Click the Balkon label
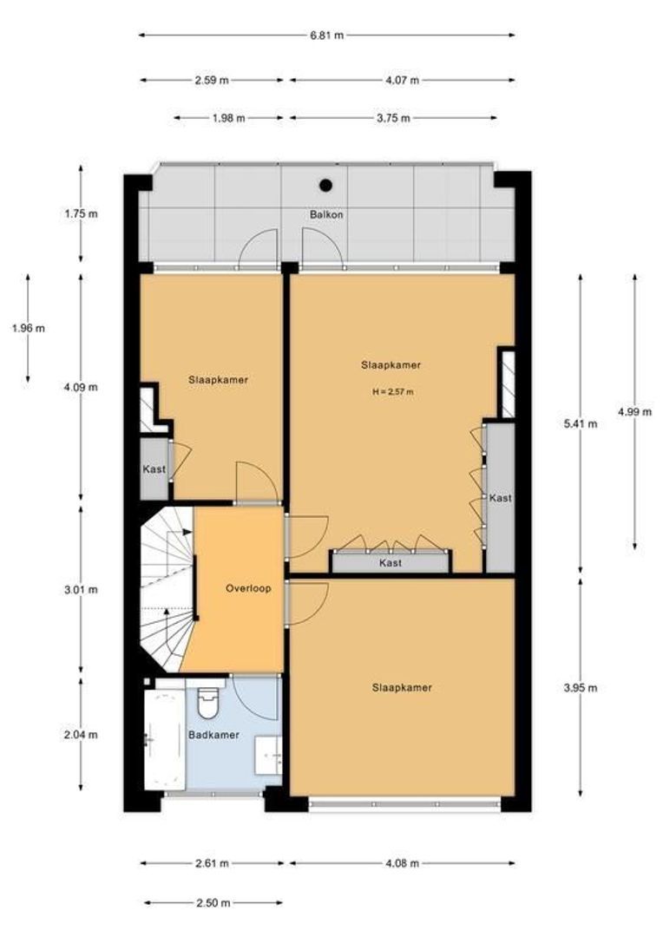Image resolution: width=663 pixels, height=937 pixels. pyautogui.click(x=326, y=214)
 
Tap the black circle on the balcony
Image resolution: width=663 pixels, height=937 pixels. pyautogui.click(x=325, y=186)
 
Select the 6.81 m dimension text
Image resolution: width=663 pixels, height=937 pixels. pyautogui.click(x=327, y=36)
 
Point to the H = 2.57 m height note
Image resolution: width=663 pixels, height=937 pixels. pyautogui.click(x=393, y=392)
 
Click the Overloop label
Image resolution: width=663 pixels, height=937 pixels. pyautogui.click(x=248, y=588)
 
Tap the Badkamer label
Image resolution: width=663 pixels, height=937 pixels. pyautogui.click(x=214, y=735)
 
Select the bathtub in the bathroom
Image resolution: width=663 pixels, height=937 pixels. pyautogui.click(x=164, y=740)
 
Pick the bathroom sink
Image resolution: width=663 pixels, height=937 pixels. pyautogui.click(x=268, y=756)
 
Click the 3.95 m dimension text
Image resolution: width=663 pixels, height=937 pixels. pyautogui.click(x=581, y=688)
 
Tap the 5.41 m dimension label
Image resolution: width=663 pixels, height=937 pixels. pyautogui.click(x=581, y=424)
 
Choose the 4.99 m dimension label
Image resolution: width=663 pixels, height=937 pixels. pyautogui.click(x=635, y=412)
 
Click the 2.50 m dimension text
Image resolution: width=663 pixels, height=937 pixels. pyautogui.click(x=213, y=903)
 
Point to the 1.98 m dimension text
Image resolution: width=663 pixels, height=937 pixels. pyautogui.click(x=228, y=118)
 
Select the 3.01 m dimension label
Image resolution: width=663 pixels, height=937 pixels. pyautogui.click(x=81, y=590)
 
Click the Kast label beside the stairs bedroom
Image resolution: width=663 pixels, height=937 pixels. pyautogui.click(x=154, y=469)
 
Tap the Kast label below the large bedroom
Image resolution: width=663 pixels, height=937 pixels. pyautogui.click(x=391, y=563)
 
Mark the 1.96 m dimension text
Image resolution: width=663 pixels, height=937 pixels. pyautogui.click(x=28, y=328)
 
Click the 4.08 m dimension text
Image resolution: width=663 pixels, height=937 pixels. pyautogui.click(x=402, y=863)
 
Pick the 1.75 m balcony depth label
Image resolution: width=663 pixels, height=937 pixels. pyautogui.click(x=81, y=213)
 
